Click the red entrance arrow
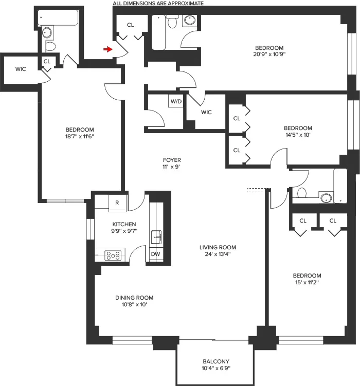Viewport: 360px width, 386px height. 107,49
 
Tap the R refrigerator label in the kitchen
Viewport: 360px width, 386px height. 117,203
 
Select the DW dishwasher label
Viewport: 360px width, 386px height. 155,254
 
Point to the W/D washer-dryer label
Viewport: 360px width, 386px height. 175,101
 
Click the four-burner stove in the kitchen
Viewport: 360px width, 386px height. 113,254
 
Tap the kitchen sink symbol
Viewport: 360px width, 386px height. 156,237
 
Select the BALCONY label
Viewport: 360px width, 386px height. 216,361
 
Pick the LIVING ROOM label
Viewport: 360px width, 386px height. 218,247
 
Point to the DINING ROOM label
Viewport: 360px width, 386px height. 134,298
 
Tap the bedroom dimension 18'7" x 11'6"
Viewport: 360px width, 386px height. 80,136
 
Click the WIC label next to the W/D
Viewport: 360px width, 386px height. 206,112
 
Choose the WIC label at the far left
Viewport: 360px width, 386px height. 21,68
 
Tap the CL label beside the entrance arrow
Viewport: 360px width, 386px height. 130,25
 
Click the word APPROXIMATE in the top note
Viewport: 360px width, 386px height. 186,3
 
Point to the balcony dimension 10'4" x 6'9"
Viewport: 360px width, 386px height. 216,369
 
